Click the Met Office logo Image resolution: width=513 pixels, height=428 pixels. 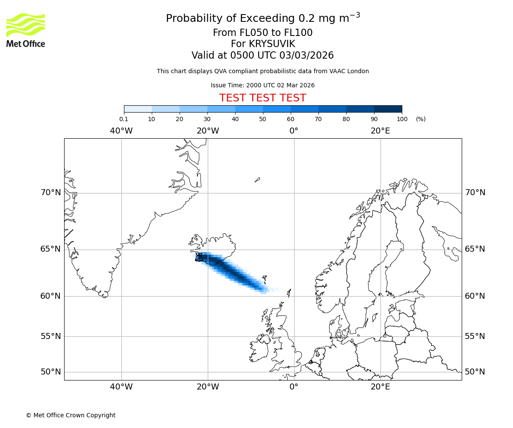point(26,30)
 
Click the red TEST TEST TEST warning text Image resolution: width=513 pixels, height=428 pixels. point(262,98)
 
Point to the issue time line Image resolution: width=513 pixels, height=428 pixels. point(262,85)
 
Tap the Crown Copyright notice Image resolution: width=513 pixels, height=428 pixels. point(71,415)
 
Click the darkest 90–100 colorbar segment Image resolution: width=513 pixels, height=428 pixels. point(388,109)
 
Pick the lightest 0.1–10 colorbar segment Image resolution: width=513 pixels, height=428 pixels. point(138,109)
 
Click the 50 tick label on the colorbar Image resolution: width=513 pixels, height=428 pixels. point(262,119)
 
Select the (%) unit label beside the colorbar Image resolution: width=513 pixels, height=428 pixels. point(421,119)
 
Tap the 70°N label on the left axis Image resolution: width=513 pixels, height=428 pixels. point(50,193)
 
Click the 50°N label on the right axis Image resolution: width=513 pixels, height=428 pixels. point(475,372)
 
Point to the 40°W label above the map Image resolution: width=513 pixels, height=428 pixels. point(121,131)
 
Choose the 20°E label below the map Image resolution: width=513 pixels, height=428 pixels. point(380,387)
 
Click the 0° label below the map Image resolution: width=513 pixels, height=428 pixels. point(294,387)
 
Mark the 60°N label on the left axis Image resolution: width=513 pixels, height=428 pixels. point(50,296)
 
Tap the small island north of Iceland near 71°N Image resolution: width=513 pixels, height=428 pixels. point(257,180)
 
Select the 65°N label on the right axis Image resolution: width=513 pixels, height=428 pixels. point(475,249)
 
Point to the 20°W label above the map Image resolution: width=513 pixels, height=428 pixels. point(208,131)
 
